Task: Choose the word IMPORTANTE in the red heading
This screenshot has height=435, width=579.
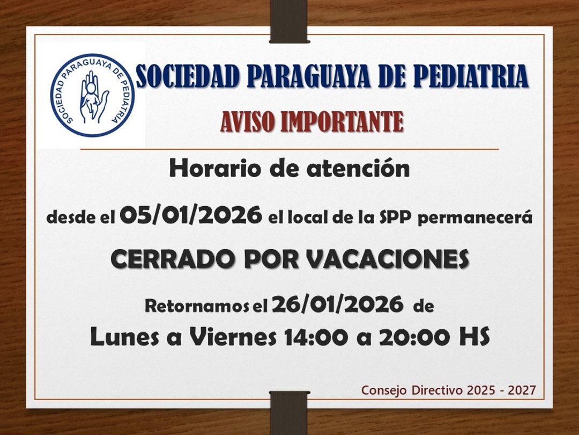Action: [x=338, y=122]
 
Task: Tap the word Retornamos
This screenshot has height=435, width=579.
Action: [x=198, y=307]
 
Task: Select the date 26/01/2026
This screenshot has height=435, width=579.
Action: [x=338, y=305]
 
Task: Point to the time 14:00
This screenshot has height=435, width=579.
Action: [x=311, y=338]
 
